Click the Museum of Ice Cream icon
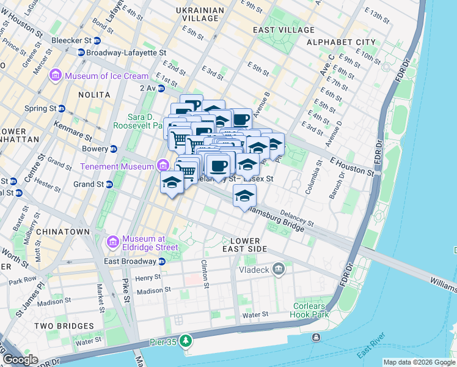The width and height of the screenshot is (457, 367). [56, 76]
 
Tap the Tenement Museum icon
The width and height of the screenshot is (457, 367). [163, 166]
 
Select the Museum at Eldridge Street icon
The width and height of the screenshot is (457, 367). [113, 243]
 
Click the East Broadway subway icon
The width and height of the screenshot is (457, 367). [162, 261]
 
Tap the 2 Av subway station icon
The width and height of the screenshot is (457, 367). [161, 88]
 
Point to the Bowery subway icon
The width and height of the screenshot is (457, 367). [113, 149]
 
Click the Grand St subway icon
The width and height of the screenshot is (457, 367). [109, 184]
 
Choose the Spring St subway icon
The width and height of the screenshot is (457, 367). [62, 108]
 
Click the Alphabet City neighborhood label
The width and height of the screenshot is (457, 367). [341, 42]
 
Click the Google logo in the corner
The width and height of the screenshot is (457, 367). [20, 360]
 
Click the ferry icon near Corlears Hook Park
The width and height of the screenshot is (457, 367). [315, 338]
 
